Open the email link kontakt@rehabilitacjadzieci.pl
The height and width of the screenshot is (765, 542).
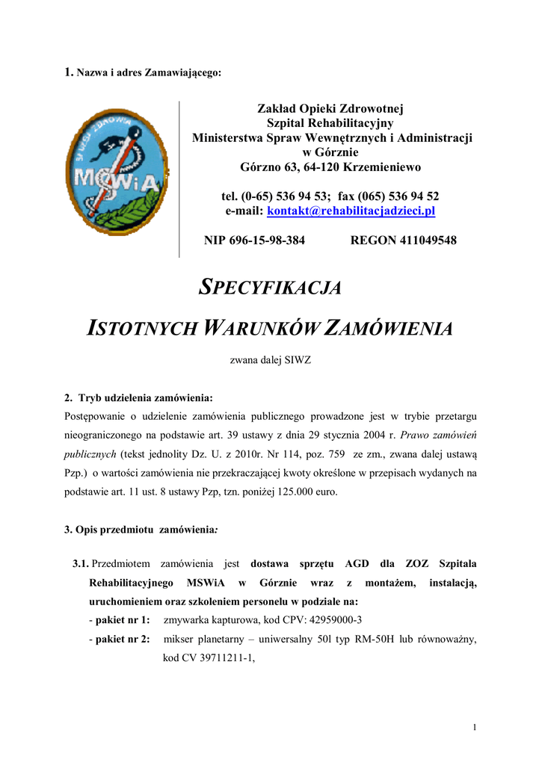coord(351,211)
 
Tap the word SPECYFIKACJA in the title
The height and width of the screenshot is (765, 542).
coord(270,288)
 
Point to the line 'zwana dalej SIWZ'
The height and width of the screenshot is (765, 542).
coord(270,360)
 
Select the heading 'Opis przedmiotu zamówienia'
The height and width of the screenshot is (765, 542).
coord(141,530)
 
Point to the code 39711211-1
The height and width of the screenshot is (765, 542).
coord(220,658)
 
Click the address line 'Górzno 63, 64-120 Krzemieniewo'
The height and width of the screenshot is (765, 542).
coord(330,167)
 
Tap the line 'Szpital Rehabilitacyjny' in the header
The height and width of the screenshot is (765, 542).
coord(330,123)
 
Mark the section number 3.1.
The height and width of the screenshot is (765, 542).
coord(81,563)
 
